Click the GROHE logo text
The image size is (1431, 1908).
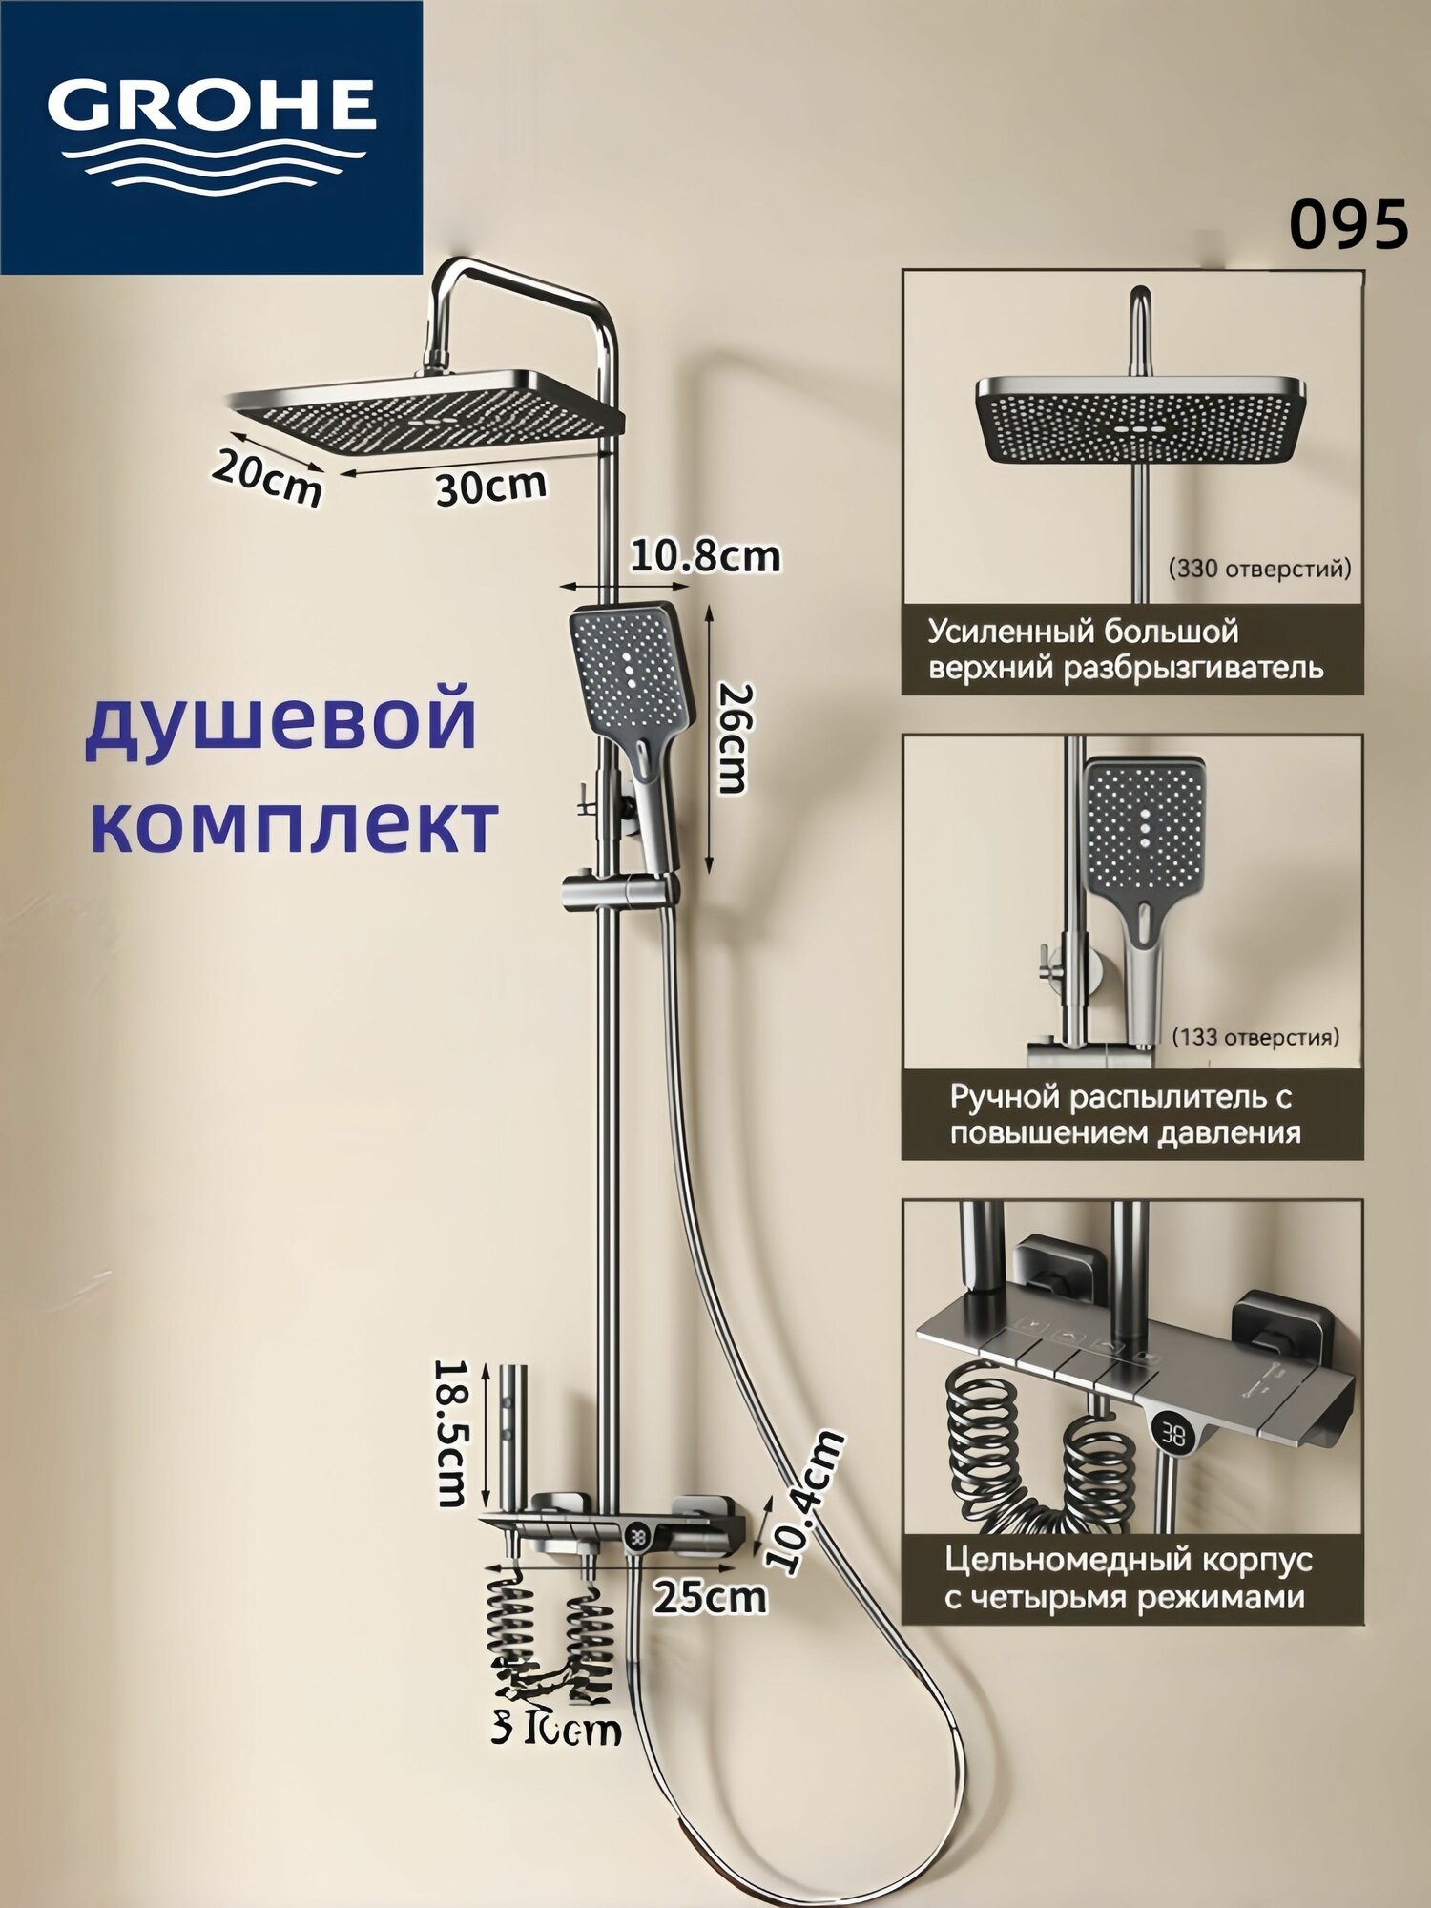(x=211, y=104)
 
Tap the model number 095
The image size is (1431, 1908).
(x=1348, y=226)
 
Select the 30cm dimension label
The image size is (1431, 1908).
(x=491, y=487)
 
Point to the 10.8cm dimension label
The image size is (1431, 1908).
(x=704, y=556)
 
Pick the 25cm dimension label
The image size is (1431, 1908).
(x=711, y=1597)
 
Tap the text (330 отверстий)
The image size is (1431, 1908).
(x=1259, y=569)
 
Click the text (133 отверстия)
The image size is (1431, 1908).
(x=1255, y=1036)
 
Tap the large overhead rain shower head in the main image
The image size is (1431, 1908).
(x=425, y=410)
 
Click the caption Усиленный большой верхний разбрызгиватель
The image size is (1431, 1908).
(x=1126, y=649)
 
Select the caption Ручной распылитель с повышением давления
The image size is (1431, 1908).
(x=1124, y=1114)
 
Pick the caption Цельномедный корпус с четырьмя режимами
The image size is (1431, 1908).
(x=1128, y=1579)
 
